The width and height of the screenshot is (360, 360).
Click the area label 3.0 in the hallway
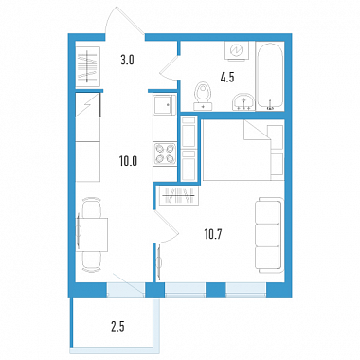(x=127, y=60)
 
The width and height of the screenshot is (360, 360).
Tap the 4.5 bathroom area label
(x=227, y=78)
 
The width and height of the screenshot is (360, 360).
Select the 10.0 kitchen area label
(x=128, y=162)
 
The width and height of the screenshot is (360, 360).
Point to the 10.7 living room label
(x=213, y=234)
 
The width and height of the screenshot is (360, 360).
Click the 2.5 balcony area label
(x=117, y=327)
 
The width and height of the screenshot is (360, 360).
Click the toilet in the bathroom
(x=203, y=96)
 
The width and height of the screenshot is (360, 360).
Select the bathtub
(x=270, y=76)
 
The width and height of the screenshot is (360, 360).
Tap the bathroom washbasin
(x=243, y=101)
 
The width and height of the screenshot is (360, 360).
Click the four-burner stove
(x=165, y=153)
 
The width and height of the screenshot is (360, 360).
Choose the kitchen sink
(x=165, y=105)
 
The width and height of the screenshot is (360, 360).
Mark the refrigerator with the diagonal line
(x=88, y=105)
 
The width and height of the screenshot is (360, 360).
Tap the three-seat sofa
(x=269, y=235)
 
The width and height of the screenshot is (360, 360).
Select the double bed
(x=243, y=150)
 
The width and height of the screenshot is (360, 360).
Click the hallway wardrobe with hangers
(x=88, y=65)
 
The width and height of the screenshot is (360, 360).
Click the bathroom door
(x=169, y=67)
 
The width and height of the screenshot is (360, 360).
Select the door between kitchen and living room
(x=167, y=227)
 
